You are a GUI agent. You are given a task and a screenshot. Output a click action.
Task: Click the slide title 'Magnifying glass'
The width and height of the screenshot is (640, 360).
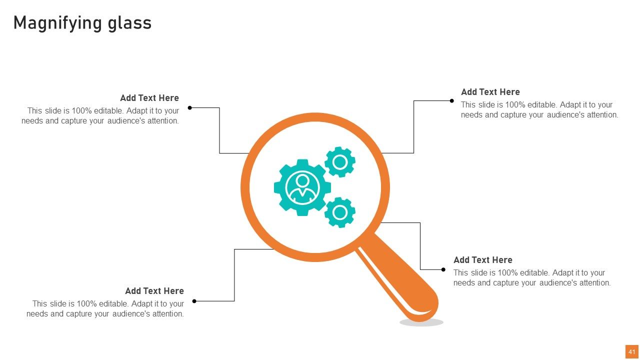tap(82, 23)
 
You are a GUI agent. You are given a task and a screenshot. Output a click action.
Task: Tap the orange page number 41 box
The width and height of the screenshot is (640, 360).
tap(631, 351)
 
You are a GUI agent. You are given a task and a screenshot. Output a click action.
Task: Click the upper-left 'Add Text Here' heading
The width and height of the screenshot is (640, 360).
tap(149, 98)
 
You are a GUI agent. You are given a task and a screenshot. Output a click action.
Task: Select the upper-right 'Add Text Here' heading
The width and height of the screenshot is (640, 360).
tap(490, 92)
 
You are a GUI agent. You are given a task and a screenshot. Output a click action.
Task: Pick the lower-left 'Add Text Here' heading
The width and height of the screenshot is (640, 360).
tap(154, 291)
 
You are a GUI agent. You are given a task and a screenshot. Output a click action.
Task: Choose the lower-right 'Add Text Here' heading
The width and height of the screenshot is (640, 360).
tap(483, 260)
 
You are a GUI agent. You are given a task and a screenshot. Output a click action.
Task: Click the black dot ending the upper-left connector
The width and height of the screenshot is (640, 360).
tap(189, 107)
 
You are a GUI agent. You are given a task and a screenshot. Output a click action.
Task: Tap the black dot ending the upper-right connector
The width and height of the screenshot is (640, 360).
tap(451, 100)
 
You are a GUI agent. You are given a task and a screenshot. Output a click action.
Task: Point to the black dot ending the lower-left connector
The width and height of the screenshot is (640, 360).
tap(194, 301)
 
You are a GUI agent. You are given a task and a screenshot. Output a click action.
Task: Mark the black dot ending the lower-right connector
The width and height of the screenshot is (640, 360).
tap(443, 269)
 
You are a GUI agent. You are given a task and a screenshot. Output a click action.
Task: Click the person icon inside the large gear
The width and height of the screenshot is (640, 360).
tap(302, 187)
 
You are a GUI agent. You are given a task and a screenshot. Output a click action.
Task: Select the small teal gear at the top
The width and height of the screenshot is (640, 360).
tap(340, 162)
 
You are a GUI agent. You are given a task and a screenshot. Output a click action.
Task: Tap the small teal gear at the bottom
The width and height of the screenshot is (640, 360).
tap(340, 212)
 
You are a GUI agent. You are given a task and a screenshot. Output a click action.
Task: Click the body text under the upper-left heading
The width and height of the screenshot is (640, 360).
tap(100, 115)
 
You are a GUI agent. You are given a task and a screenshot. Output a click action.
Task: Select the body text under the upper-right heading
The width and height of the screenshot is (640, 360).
tap(539, 109)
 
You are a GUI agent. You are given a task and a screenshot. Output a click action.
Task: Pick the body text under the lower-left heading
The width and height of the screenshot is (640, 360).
tap(105, 308)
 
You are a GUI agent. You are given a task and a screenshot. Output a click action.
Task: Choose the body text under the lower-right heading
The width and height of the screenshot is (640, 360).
tap(532, 277)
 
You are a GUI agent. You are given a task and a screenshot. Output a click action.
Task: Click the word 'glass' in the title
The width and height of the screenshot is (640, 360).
tap(129, 23)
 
